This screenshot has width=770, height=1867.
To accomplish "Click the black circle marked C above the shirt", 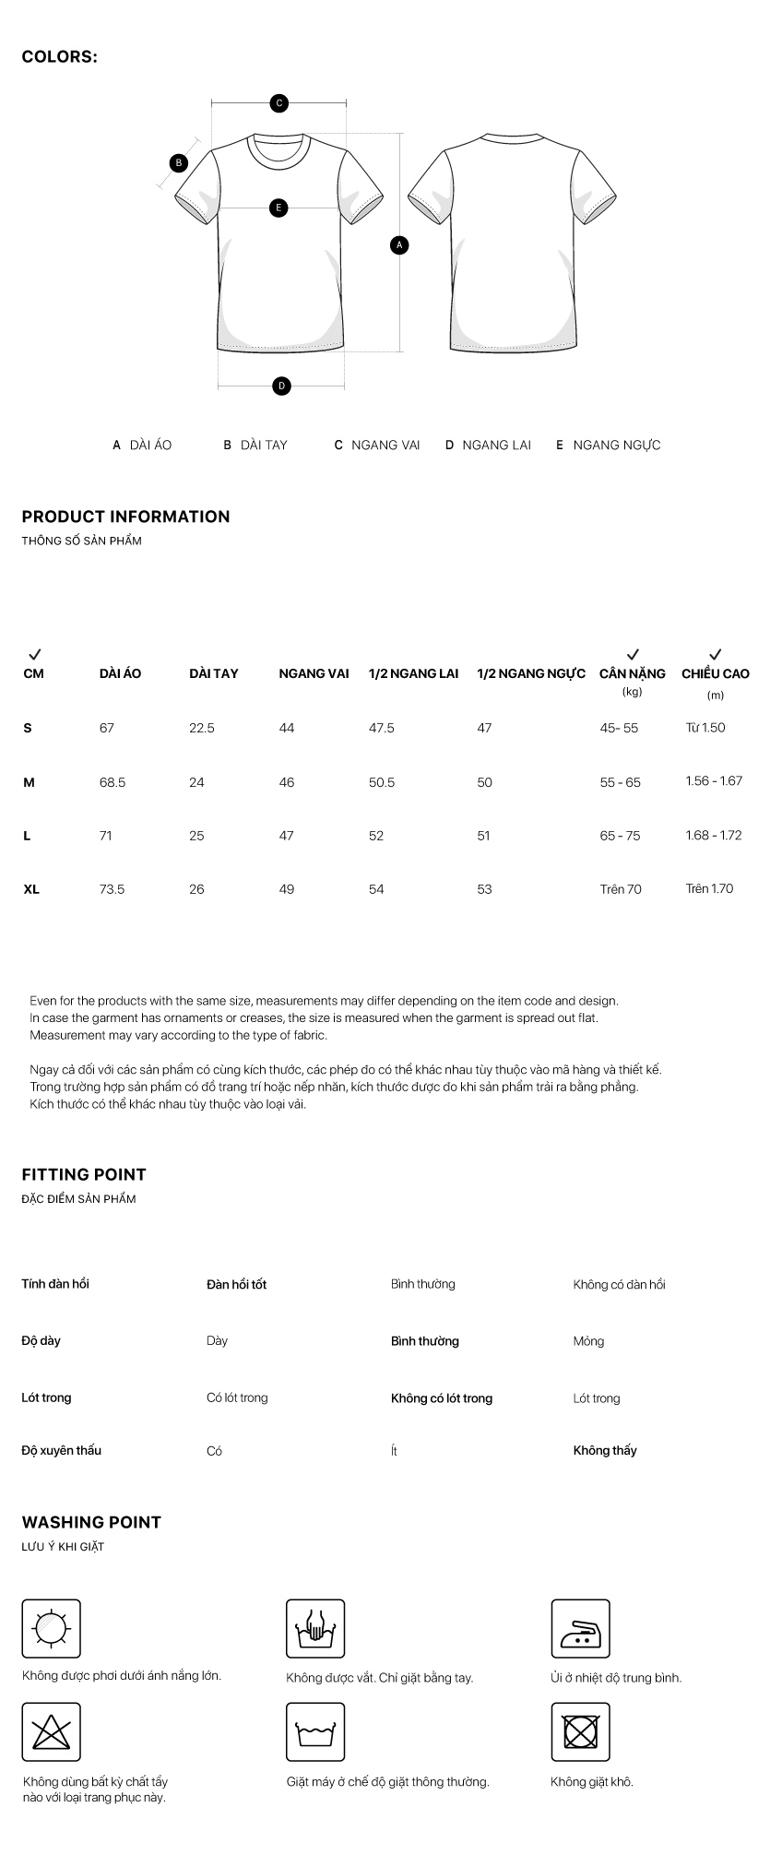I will point(279,103).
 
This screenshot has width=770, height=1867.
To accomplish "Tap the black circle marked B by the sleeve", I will point(180,163).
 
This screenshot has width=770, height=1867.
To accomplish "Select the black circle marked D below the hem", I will point(282,386).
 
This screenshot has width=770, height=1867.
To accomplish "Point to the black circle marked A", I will point(399,245).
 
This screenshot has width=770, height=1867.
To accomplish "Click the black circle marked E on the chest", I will point(278,208).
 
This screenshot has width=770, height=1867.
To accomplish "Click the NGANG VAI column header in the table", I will point(314,673).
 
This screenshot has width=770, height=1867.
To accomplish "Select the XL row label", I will point(31,889).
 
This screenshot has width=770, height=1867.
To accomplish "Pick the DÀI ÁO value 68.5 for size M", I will point(113,782).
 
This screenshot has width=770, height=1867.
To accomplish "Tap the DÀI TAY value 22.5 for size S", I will point(201,728).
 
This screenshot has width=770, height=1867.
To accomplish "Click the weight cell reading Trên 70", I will point(621,889).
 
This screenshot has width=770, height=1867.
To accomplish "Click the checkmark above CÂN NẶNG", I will point(633,654).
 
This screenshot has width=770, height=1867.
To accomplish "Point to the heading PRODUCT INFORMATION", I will point(125,517).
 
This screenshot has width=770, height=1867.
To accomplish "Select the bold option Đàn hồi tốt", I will point(236,1284).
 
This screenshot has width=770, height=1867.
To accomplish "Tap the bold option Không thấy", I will point(605,1450).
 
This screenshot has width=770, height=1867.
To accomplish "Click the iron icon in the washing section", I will point(580,1628).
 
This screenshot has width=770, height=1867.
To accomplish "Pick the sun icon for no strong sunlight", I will point(51,1628).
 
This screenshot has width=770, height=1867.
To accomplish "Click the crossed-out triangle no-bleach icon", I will point(51,1731).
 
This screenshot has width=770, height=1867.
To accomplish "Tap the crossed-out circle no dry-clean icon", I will point(580,1731).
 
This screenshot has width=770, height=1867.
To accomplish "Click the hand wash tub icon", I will point(315,1628).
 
